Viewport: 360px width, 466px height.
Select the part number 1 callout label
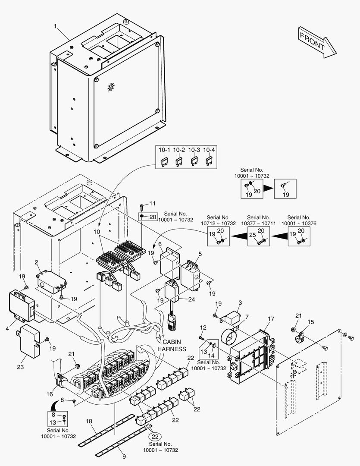pos(56,27)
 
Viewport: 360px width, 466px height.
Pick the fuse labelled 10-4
pos(209,162)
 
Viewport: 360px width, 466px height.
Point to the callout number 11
pos(152,203)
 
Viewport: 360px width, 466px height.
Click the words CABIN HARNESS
pos(172,345)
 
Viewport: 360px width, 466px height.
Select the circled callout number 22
pos(156,436)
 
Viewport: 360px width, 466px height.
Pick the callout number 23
pos(21,367)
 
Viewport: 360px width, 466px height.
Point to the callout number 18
pos(88,421)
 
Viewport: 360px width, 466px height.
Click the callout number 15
pos(311,322)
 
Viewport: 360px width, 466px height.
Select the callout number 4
pos(8,328)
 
